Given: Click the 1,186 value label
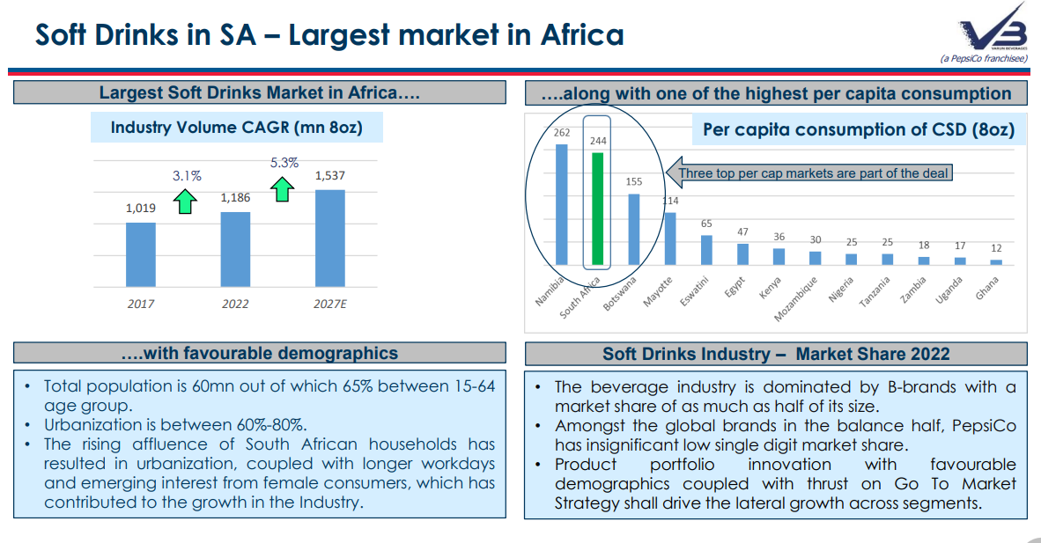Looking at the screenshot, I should pyautogui.click(x=235, y=198).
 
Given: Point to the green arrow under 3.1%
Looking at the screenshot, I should pyautogui.click(x=186, y=201).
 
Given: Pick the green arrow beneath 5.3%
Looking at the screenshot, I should pyautogui.click(x=282, y=188).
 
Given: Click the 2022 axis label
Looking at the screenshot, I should pyautogui.click(x=235, y=304).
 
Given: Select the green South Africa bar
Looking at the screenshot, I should pyautogui.click(x=598, y=209).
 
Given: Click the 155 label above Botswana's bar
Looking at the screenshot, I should pyautogui.click(x=634, y=181).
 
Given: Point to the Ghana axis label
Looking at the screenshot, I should pyautogui.click(x=988, y=290).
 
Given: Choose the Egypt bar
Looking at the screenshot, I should pyautogui.click(x=742, y=254).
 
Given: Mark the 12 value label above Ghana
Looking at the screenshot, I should pyautogui.click(x=996, y=248).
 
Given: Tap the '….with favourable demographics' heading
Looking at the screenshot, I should pyautogui.click(x=259, y=354).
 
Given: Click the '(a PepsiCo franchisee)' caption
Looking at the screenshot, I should pyautogui.click(x=984, y=58).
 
